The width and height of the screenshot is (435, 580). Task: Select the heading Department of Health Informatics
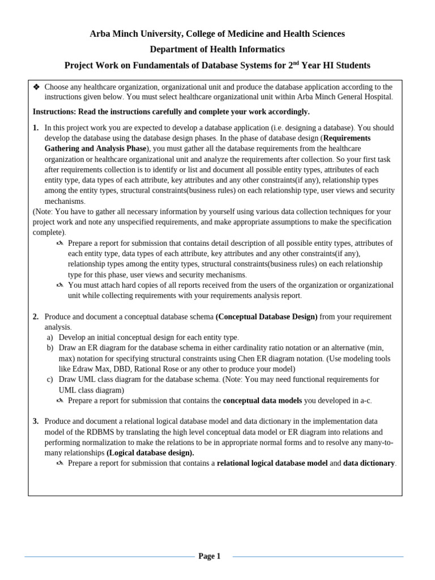point(217,50)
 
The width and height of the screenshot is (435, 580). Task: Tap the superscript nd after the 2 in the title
point(295,63)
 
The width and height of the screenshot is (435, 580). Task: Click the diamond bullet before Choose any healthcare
point(36,87)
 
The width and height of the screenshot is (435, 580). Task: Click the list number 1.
point(36,128)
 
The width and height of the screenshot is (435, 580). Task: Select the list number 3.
point(36,421)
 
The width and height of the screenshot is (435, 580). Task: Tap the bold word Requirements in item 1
point(347,138)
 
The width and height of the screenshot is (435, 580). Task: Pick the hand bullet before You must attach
point(60,285)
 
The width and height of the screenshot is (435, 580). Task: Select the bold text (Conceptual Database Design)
point(266,317)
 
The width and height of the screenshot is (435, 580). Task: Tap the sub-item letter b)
point(50,348)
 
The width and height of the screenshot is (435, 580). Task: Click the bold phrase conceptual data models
point(262,400)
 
